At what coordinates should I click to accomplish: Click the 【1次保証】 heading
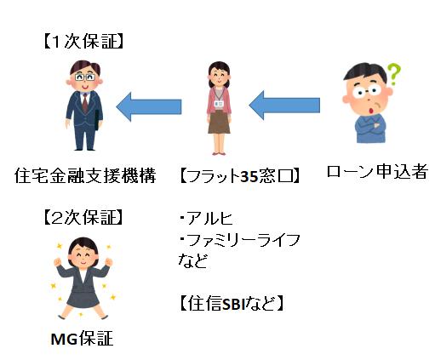coord(83,43)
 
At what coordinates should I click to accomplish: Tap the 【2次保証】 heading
coord(83,218)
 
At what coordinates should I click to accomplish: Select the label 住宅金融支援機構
coord(85,175)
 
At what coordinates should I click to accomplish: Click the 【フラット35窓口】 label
coord(240,176)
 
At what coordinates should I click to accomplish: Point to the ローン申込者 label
coord(377,171)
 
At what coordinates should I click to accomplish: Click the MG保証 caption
coord(82,339)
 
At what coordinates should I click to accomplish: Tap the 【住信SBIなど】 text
coord(232,304)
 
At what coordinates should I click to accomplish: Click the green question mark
coord(394,74)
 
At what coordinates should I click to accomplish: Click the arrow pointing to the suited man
coord(149,106)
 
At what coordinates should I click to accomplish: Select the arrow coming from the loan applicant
coord(284,106)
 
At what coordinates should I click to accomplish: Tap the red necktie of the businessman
coord(85,102)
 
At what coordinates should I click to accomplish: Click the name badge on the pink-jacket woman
coord(219,104)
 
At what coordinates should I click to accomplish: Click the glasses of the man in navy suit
coord(85,77)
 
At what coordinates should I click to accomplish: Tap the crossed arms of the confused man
coord(370,125)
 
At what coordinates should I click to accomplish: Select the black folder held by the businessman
coord(97,120)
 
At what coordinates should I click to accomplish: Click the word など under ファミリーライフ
coord(193,260)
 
